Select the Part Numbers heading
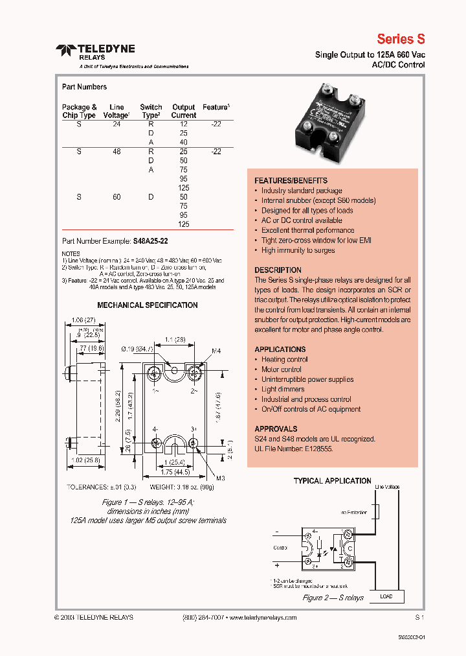click(84, 87)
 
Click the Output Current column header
click(184, 111)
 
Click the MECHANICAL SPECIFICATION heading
click(148, 305)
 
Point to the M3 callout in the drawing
click(221, 478)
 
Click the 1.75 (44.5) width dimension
click(175, 473)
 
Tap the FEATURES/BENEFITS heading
click(291, 180)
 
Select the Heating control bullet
click(284, 359)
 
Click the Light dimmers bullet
click(282, 390)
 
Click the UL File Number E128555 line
click(293, 449)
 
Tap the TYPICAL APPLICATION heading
click(332, 481)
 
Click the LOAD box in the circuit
click(386, 596)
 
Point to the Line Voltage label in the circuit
click(387, 487)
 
